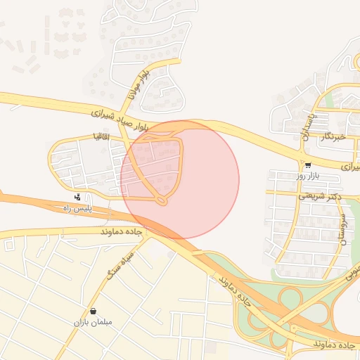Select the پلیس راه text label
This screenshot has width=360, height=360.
[x=79, y=210]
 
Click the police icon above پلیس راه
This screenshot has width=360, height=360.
[x=77, y=198]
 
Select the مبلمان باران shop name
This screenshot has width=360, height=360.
[x=93, y=323]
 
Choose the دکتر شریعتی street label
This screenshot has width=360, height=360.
[x=320, y=196]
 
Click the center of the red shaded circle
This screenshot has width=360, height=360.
[x=179, y=179]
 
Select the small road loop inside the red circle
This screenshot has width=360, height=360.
[x=162, y=202]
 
